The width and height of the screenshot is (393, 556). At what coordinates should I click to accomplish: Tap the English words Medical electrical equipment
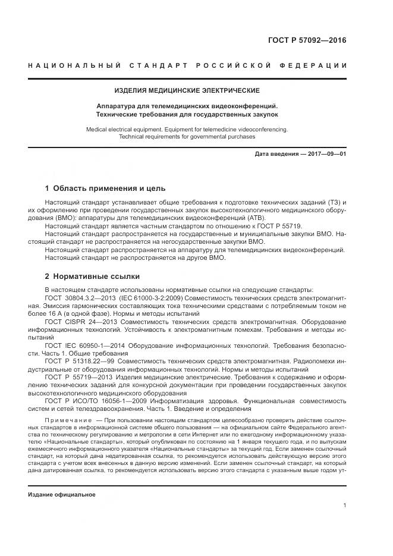[x=122, y=128]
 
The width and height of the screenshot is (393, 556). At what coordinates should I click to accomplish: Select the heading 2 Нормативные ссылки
[x=92, y=276]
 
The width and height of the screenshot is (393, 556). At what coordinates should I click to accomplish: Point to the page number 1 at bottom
[x=345, y=505]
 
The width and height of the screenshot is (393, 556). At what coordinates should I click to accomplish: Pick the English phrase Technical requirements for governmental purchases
[x=187, y=136]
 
